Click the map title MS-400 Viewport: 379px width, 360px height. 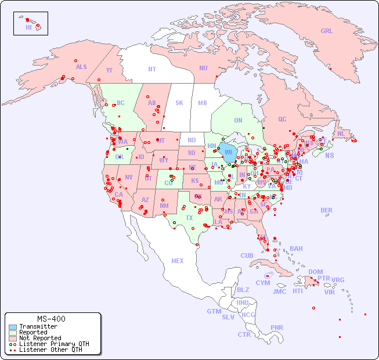51,319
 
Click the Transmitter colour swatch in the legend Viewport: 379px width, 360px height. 12,327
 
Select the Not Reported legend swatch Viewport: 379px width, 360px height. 12,338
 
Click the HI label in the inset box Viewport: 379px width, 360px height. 28,27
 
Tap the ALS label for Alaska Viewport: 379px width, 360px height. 81,67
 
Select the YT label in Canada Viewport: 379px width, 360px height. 109,70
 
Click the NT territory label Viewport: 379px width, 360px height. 152,69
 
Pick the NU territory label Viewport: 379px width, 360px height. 203,68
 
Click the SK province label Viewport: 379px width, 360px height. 179,103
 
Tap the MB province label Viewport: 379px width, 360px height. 203,103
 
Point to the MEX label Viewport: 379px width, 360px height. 178,261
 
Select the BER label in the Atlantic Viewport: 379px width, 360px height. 327,210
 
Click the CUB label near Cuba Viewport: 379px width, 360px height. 247,255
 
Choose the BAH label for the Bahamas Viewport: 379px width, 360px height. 296,249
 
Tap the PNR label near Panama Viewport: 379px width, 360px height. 277,327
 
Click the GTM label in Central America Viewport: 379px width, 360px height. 214,311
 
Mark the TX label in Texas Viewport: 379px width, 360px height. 189,218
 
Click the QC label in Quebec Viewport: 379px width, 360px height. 282,119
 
